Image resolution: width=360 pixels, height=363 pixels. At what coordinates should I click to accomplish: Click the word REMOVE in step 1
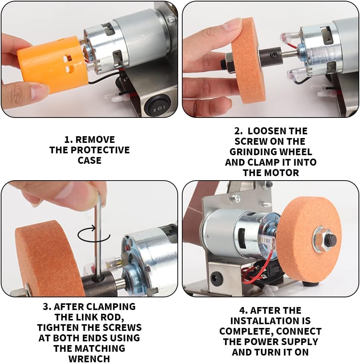(x=95, y=140)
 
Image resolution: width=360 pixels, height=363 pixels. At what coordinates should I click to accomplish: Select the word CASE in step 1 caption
(x=89, y=160)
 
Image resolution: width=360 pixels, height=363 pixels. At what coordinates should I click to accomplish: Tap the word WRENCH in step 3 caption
(x=89, y=359)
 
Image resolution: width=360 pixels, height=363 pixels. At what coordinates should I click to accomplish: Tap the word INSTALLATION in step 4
(x=270, y=320)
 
